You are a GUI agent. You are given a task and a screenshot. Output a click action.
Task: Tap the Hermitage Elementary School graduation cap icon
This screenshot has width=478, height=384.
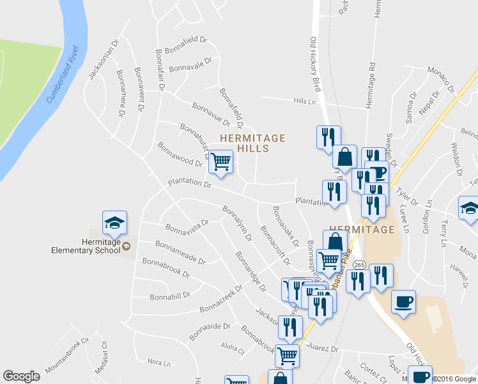point(115,223)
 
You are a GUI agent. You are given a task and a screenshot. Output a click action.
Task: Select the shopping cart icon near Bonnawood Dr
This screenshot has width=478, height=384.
point(220,163)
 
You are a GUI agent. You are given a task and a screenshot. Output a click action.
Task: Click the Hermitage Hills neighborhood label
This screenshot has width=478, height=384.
point(252,143)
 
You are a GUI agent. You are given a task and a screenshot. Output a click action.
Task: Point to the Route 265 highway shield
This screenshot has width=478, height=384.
point(358,264)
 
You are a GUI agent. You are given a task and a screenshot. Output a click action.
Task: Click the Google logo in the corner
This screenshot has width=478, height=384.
point(21,376)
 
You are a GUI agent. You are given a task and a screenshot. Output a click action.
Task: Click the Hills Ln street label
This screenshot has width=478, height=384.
point(305,101)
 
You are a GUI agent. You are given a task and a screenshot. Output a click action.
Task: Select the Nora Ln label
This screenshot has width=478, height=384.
point(159,362)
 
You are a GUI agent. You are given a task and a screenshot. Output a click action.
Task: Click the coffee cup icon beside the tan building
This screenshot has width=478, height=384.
point(403,302)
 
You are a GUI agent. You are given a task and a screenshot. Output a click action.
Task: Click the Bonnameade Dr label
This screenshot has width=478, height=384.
point(180,253)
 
